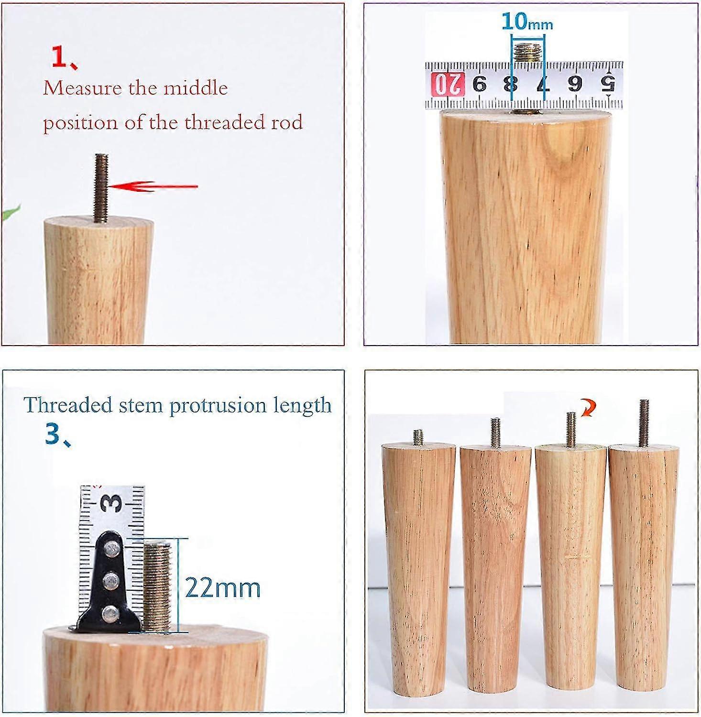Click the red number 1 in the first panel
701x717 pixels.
click(x=61, y=58)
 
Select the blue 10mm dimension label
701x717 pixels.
click(x=527, y=22)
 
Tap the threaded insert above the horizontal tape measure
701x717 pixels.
click(x=527, y=50)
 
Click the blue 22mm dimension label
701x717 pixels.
click(x=223, y=587)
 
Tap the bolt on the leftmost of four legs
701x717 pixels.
click(x=418, y=436)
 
